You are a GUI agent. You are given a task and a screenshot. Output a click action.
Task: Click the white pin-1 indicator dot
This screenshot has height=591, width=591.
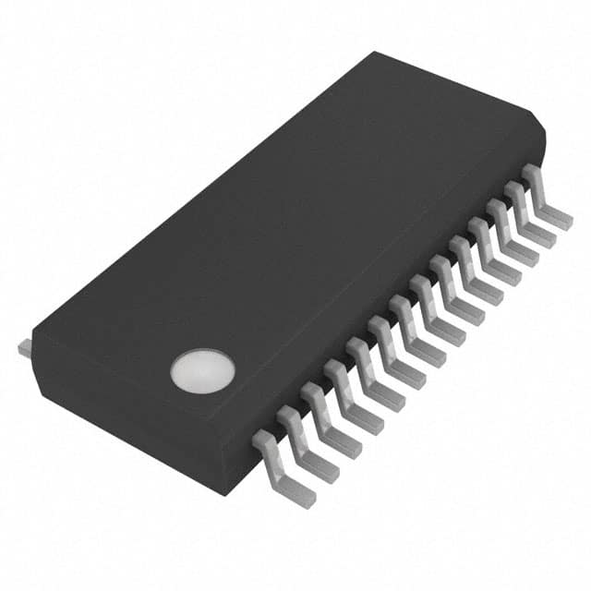[x=202, y=367]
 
